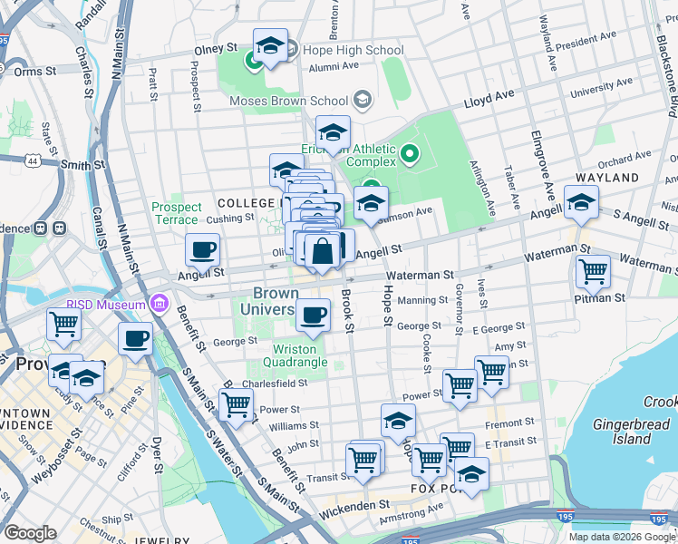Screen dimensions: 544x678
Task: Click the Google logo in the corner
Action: (x=31, y=533)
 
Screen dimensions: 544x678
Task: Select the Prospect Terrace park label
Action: (x=176, y=213)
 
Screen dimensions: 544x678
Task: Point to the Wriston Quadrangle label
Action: (x=295, y=355)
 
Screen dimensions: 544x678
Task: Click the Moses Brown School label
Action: (x=289, y=100)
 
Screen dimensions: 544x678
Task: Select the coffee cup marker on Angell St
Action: (x=203, y=249)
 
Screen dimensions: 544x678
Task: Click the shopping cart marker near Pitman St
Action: (x=594, y=270)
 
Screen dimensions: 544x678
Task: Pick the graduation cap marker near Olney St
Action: (x=270, y=47)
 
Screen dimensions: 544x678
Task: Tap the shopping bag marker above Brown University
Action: (x=322, y=251)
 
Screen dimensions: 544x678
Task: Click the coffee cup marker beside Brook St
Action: (x=314, y=316)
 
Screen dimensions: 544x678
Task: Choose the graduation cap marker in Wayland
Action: (x=581, y=203)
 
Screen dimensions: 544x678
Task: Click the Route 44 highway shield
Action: (x=34, y=160)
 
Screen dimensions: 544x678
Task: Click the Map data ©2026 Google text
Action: (x=621, y=537)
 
